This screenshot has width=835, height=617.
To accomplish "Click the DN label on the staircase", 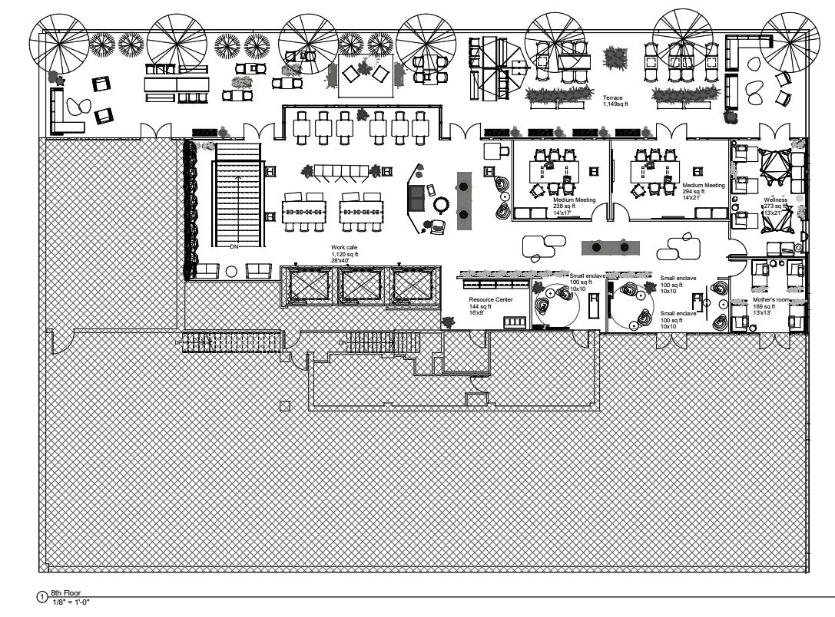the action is (235, 246).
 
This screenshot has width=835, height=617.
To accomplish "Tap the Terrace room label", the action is (612, 97).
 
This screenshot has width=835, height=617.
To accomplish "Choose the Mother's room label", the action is (770, 299).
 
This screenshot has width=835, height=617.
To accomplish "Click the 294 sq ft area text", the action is (694, 191).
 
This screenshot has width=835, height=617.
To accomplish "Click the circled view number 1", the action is (44, 596).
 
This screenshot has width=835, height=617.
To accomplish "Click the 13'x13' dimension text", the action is (763, 312).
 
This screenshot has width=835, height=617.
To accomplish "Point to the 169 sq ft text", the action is (764, 305).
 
